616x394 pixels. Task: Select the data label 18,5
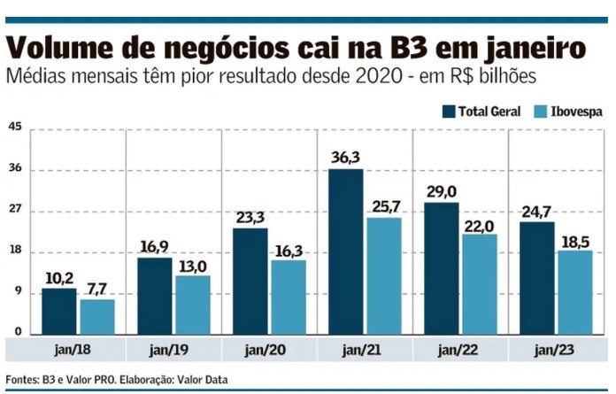coord(574,240)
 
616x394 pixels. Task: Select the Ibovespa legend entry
coord(568,111)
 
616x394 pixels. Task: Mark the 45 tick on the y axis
coord(15,127)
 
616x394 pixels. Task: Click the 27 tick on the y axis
coord(15,212)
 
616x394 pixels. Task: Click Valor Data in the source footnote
coord(202,380)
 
